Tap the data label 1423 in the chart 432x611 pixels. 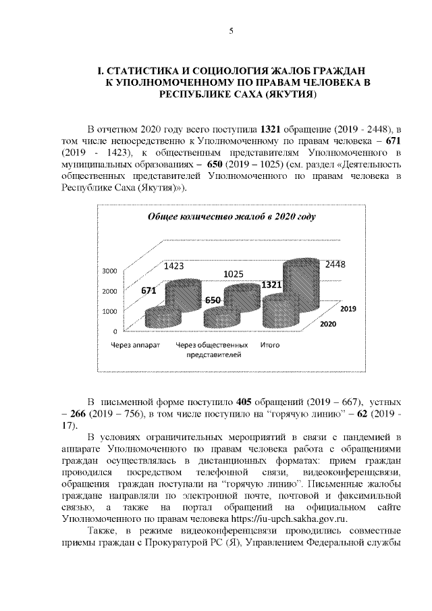(174, 267)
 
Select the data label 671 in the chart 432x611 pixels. (149, 290)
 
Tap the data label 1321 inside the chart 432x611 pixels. (271, 286)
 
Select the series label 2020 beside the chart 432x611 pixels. (328, 324)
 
